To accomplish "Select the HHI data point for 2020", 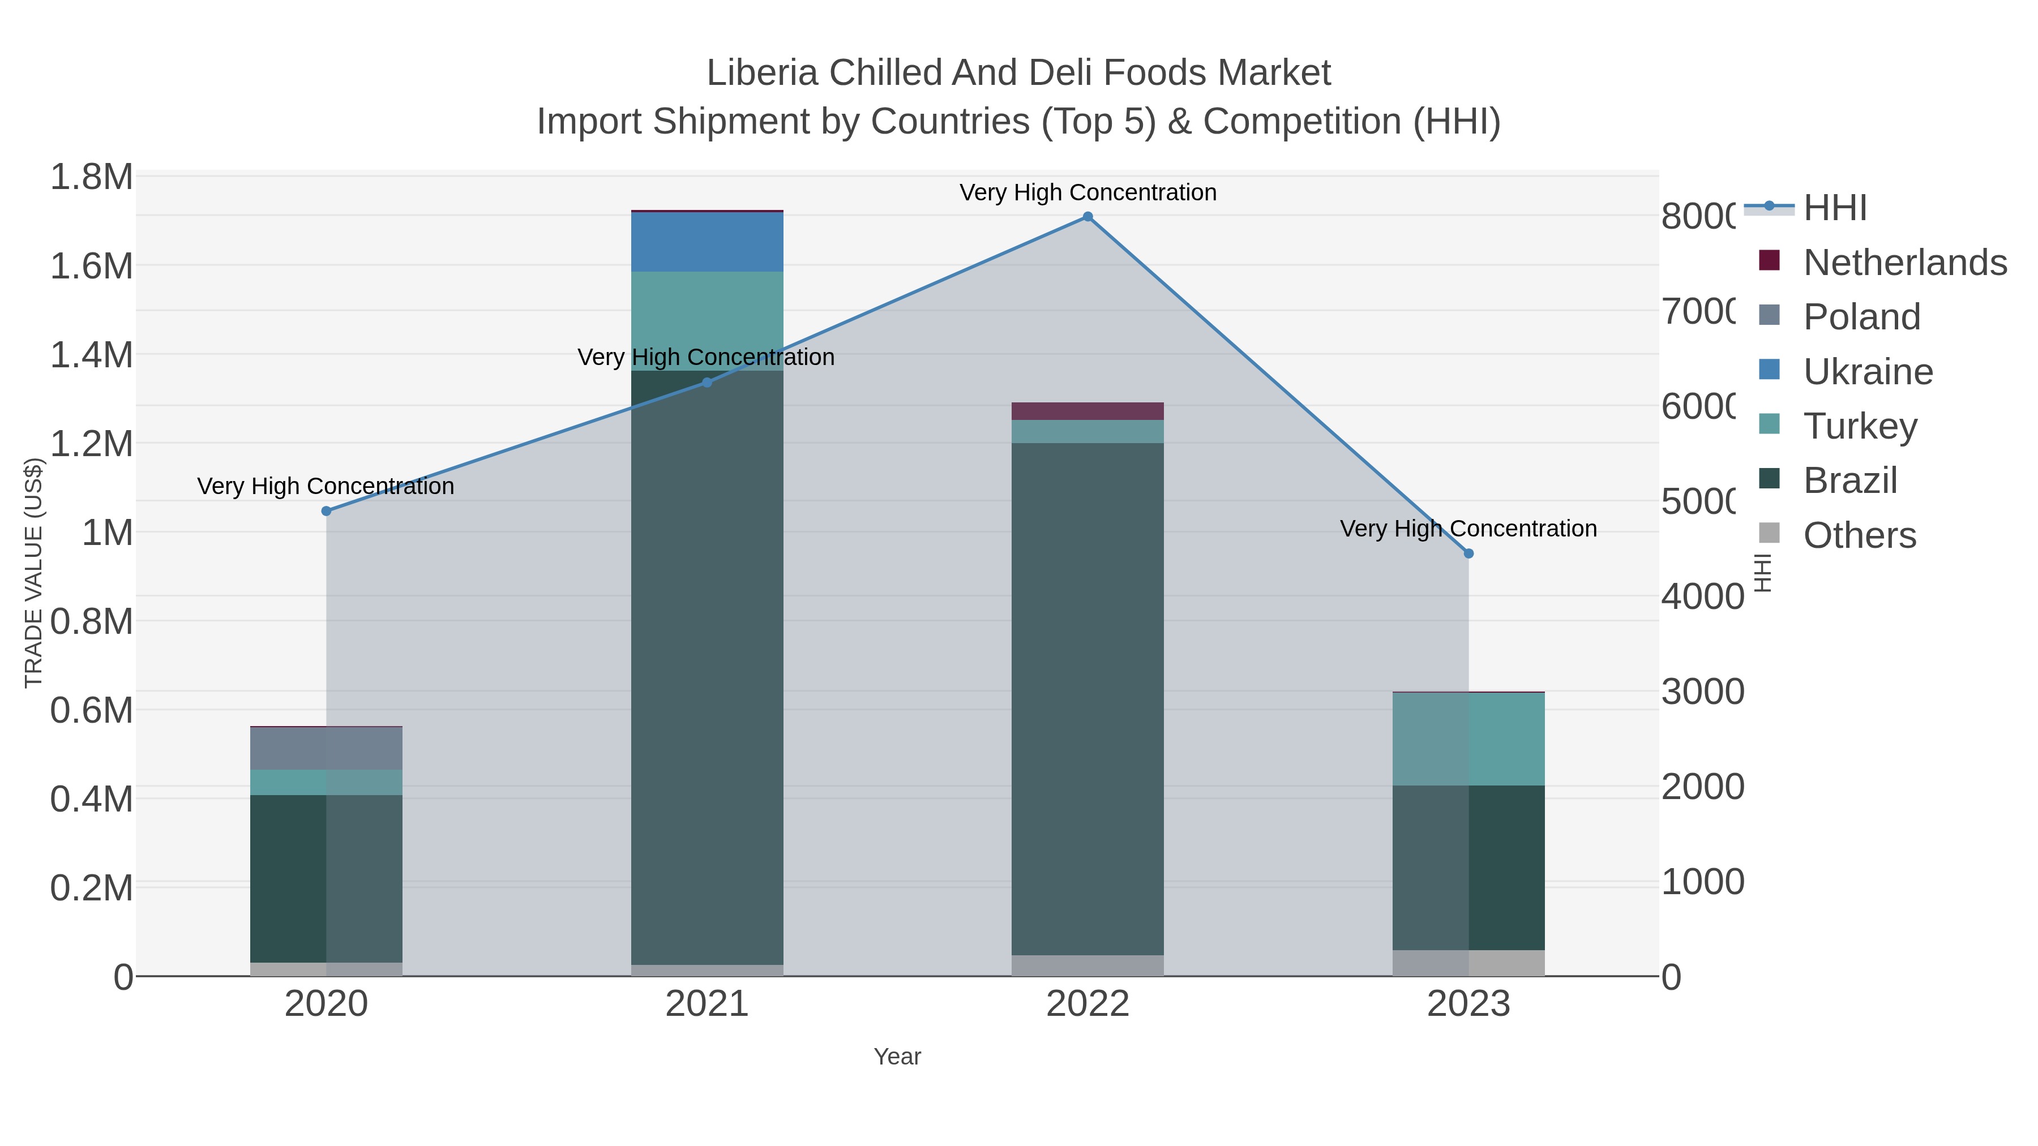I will tap(326, 511).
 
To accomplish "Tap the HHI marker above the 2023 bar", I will tap(1468, 553).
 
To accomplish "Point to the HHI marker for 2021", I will tap(707, 383).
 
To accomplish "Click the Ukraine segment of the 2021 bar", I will tap(707, 242).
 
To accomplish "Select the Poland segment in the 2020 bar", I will tap(326, 748).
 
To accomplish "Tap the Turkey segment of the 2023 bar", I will tap(1468, 739).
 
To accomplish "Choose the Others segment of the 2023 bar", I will tap(1468, 963).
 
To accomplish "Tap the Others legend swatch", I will tap(1769, 534).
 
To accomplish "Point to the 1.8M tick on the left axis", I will tap(92, 177).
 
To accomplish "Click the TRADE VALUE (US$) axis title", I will tap(33, 573).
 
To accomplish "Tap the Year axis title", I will tap(897, 1057).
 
